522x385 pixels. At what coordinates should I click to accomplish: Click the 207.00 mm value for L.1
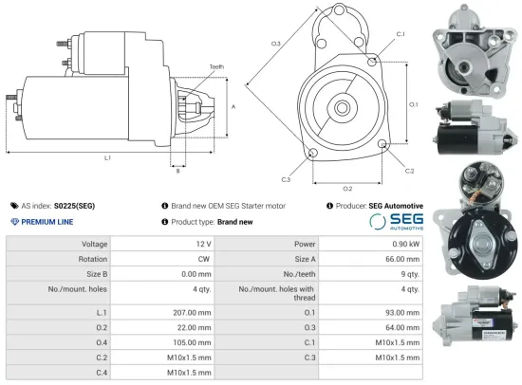point(183,311)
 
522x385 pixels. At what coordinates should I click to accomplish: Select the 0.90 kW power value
point(401,244)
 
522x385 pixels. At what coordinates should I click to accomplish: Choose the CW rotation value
point(202,258)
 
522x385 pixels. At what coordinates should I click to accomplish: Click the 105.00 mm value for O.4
point(183,341)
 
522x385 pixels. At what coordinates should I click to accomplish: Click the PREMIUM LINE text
point(47,221)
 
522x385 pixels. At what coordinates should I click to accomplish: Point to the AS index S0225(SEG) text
point(58,205)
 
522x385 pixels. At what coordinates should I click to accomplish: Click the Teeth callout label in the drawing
point(217,66)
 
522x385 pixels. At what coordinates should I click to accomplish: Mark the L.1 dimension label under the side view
point(106,156)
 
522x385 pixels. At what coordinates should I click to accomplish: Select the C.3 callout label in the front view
point(286,178)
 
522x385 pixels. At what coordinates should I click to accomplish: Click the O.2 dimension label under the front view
point(347,188)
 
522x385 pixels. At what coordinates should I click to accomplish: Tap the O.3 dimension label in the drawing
point(276,44)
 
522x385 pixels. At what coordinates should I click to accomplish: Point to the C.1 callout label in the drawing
point(400,34)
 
